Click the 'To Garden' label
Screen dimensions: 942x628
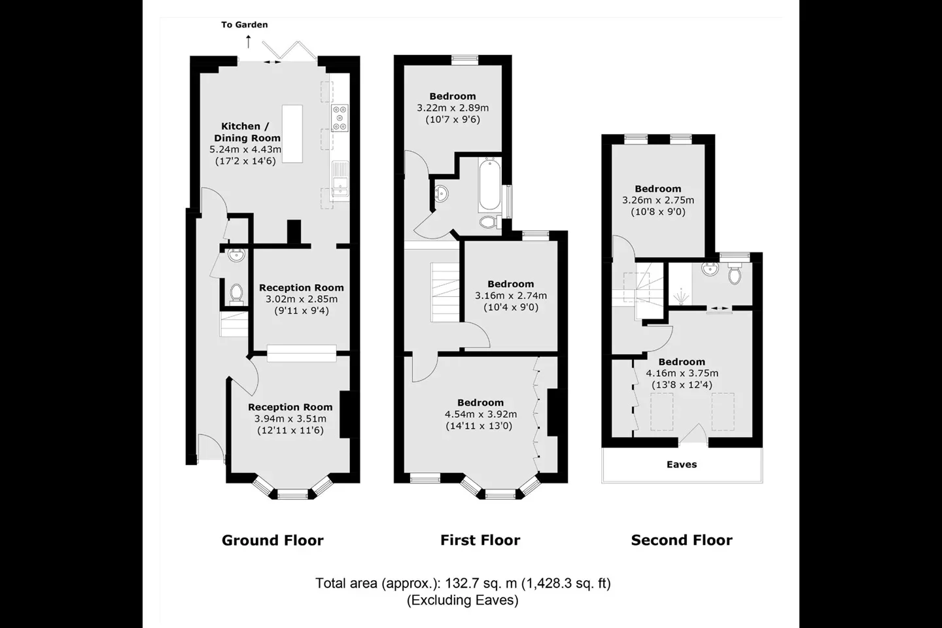(x=245, y=25)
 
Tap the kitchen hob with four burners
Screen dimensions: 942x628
(x=340, y=118)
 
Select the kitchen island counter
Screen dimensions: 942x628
(x=292, y=133)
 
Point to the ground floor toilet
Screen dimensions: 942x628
(x=236, y=294)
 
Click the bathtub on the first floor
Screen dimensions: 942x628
(x=489, y=184)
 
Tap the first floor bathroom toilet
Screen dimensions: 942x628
(x=491, y=222)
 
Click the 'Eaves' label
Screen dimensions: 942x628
(x=682, y=464)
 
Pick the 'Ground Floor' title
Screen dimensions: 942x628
(x=273, y=540)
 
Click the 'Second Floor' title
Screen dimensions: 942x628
(x=682, y=540)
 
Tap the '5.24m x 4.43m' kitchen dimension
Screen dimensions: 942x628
(x=245, y=149)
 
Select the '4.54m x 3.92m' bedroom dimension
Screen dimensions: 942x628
(x=481, y=414)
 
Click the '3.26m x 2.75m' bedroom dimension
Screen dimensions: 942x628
(x=658, y=200)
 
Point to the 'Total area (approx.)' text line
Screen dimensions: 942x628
(x=463, y=584)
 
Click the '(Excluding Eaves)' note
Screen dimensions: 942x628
(x=462, y=600)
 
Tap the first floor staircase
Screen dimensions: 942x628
(x=445, y=292)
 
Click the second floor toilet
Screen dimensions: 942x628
(x=735, y=273)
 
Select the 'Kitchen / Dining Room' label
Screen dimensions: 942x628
(x=247, y=132)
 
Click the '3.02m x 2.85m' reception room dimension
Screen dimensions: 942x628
(x=301, y=300)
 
